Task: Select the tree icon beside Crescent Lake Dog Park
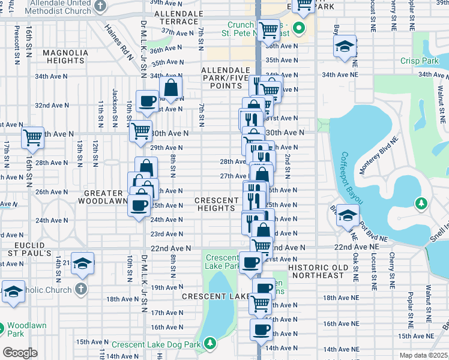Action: tap(210, 343)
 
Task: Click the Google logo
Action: tap(20, 352)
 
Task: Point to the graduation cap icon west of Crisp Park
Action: tap(345, 47)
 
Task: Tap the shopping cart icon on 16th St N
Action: tap(32, 136)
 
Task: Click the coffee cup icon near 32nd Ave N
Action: tap(147, 101)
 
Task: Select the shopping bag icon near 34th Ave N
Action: tap(171, 86)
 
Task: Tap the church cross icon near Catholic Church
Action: tap(81, 289)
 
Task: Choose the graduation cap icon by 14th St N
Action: tap(82, 263)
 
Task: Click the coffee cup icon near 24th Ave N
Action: tap(139, 206)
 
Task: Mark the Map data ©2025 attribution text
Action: tap(423, 355)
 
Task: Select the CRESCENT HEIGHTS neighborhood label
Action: tap(216, 204)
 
